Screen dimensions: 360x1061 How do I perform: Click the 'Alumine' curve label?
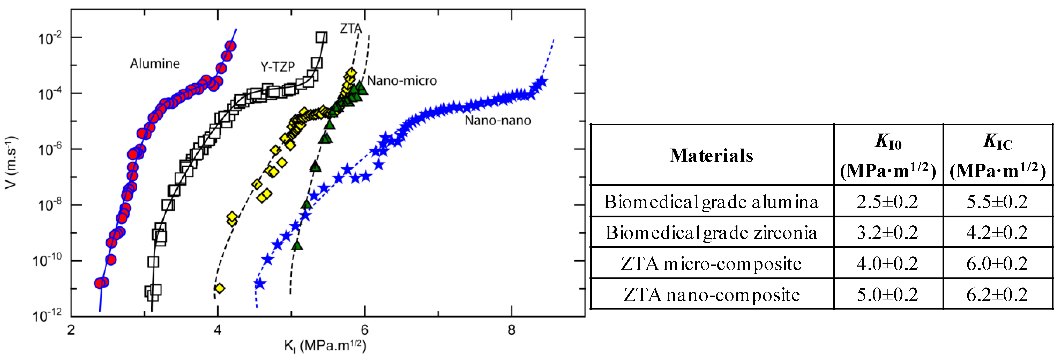(x=155, y=63)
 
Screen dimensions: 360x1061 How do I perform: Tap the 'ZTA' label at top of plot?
(x=350, y=28)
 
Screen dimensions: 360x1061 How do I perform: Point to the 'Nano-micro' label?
(x=402, y=81)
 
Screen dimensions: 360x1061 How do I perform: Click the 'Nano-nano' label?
(x=498, y=120)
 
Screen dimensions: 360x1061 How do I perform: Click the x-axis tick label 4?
(x=218, y=330)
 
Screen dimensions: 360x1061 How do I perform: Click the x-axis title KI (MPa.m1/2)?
(x=325, y=346)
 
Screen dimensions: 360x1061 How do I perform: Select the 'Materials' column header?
(x=711, y=155)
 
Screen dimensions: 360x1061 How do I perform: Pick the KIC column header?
(x=998, y=155)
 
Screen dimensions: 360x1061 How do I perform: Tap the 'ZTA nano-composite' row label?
(x=711, y=295)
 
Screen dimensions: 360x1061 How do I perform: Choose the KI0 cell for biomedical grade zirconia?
(x=888, y=233)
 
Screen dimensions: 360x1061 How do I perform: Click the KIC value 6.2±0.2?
(x=997, y=295)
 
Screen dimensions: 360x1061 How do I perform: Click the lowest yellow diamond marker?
(x=220, y=288)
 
